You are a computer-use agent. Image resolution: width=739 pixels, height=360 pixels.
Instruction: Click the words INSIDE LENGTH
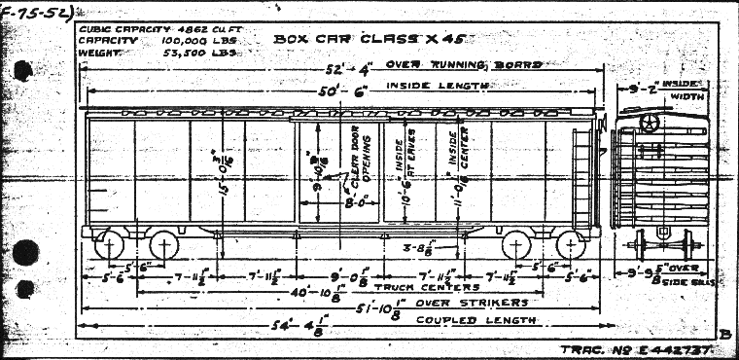(x=437, y=86)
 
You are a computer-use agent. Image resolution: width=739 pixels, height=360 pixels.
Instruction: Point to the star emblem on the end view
(x=650, y=124)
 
